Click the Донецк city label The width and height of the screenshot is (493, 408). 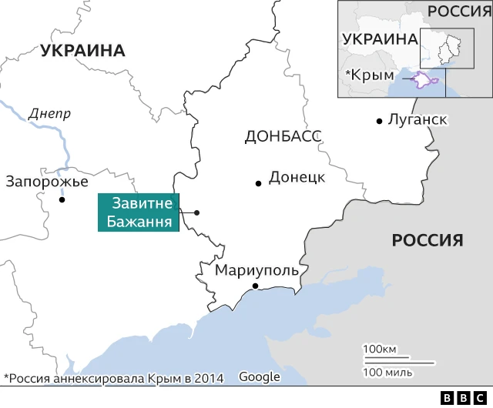coord(297,178)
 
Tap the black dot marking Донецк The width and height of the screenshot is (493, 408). coord(258,183)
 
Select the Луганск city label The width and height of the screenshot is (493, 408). coord(418,120)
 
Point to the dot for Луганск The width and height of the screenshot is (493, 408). coord(380,121)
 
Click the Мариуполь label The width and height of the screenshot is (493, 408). coord(257,271)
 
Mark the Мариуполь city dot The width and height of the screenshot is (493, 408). coord(254,286)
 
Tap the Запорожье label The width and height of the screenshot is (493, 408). coord(46,182)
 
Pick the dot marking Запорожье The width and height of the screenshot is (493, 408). coord(62,199)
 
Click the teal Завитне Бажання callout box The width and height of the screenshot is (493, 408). coord(138,212)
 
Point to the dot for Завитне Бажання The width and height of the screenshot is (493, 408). coord(197,212)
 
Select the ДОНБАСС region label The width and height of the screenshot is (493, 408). coord(282,137)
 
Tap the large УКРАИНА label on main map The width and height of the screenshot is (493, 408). coord(83,51)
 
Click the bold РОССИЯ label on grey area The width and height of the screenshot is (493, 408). coord(428,239)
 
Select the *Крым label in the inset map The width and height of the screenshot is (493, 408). coord(370,75)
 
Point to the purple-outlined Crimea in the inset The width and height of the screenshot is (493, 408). coord(422,79)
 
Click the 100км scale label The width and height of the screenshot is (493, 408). coord(380,349)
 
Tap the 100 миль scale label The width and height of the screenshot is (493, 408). coord(387,373)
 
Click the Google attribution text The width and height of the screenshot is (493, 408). coord(259,376)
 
